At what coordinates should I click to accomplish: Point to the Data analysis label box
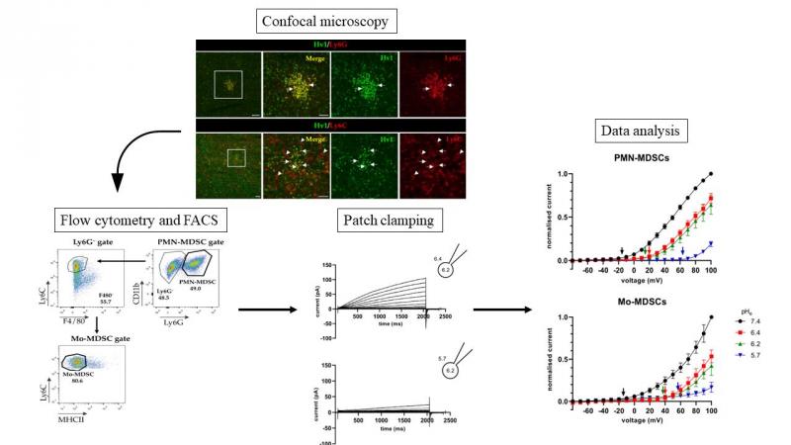(643, 131)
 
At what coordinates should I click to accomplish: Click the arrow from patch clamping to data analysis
(502, 310)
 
